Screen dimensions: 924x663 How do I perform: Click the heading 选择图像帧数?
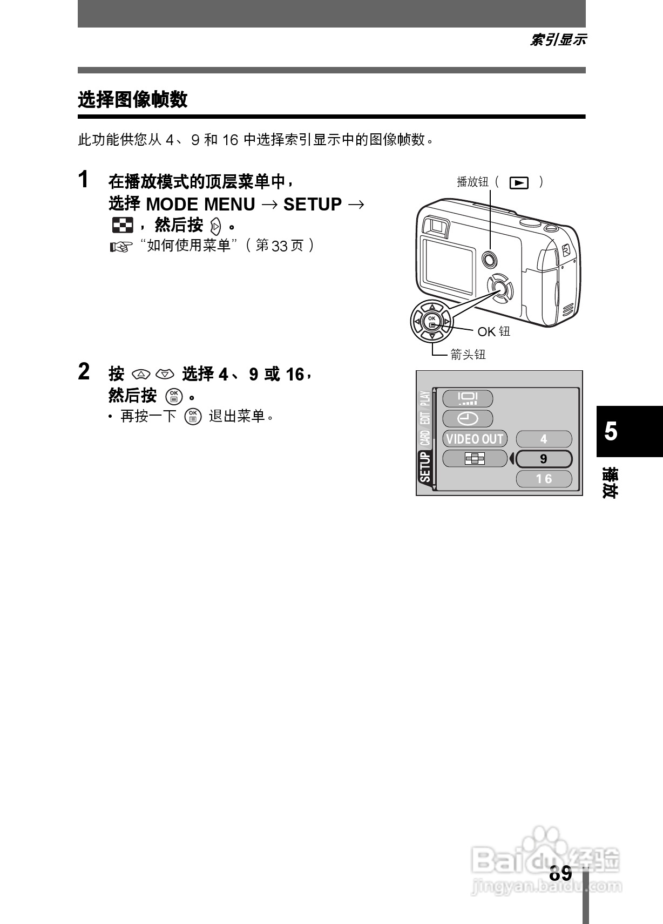133,100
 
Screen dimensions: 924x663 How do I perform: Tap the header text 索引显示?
558,40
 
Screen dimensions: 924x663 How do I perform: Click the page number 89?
561,873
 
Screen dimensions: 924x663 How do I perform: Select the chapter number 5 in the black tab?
611,431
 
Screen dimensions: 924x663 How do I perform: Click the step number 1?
83,179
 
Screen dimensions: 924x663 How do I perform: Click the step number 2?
83,371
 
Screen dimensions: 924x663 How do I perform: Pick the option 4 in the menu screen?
544,439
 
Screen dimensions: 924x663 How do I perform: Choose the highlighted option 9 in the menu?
544,459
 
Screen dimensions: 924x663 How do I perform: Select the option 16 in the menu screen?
544,479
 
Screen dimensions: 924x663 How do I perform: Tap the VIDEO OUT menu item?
475,439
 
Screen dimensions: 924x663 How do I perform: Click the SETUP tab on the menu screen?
425,467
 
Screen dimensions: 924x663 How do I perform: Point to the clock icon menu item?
468,418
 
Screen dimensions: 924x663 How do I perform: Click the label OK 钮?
493,331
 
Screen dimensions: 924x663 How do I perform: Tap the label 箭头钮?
468,355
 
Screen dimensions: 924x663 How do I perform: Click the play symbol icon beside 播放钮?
519,182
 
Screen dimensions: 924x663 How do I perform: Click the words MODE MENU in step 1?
200,205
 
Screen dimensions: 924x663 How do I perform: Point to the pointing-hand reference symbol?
121,247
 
